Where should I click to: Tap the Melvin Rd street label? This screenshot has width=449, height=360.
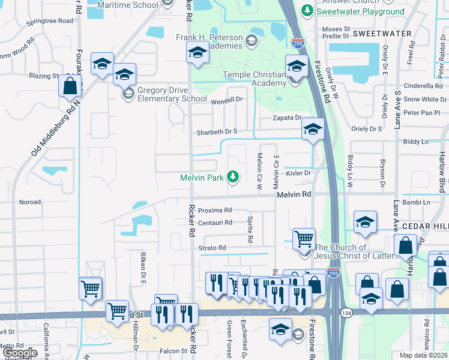tap(294, 194)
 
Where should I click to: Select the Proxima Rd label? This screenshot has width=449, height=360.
tap(214, 211)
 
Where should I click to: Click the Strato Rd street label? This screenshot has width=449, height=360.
tap(213, 248)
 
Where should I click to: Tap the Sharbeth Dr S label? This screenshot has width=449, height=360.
tap(218, 131)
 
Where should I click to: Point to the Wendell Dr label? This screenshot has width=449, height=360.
tap(226, 100)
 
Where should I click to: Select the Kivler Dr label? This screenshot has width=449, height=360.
tap(298, 173)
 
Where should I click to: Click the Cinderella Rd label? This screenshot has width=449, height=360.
tap(423, 86)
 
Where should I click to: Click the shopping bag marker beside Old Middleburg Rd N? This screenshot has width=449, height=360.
tap(70, 86)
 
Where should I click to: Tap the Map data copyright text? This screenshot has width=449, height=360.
tap(423, 355)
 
